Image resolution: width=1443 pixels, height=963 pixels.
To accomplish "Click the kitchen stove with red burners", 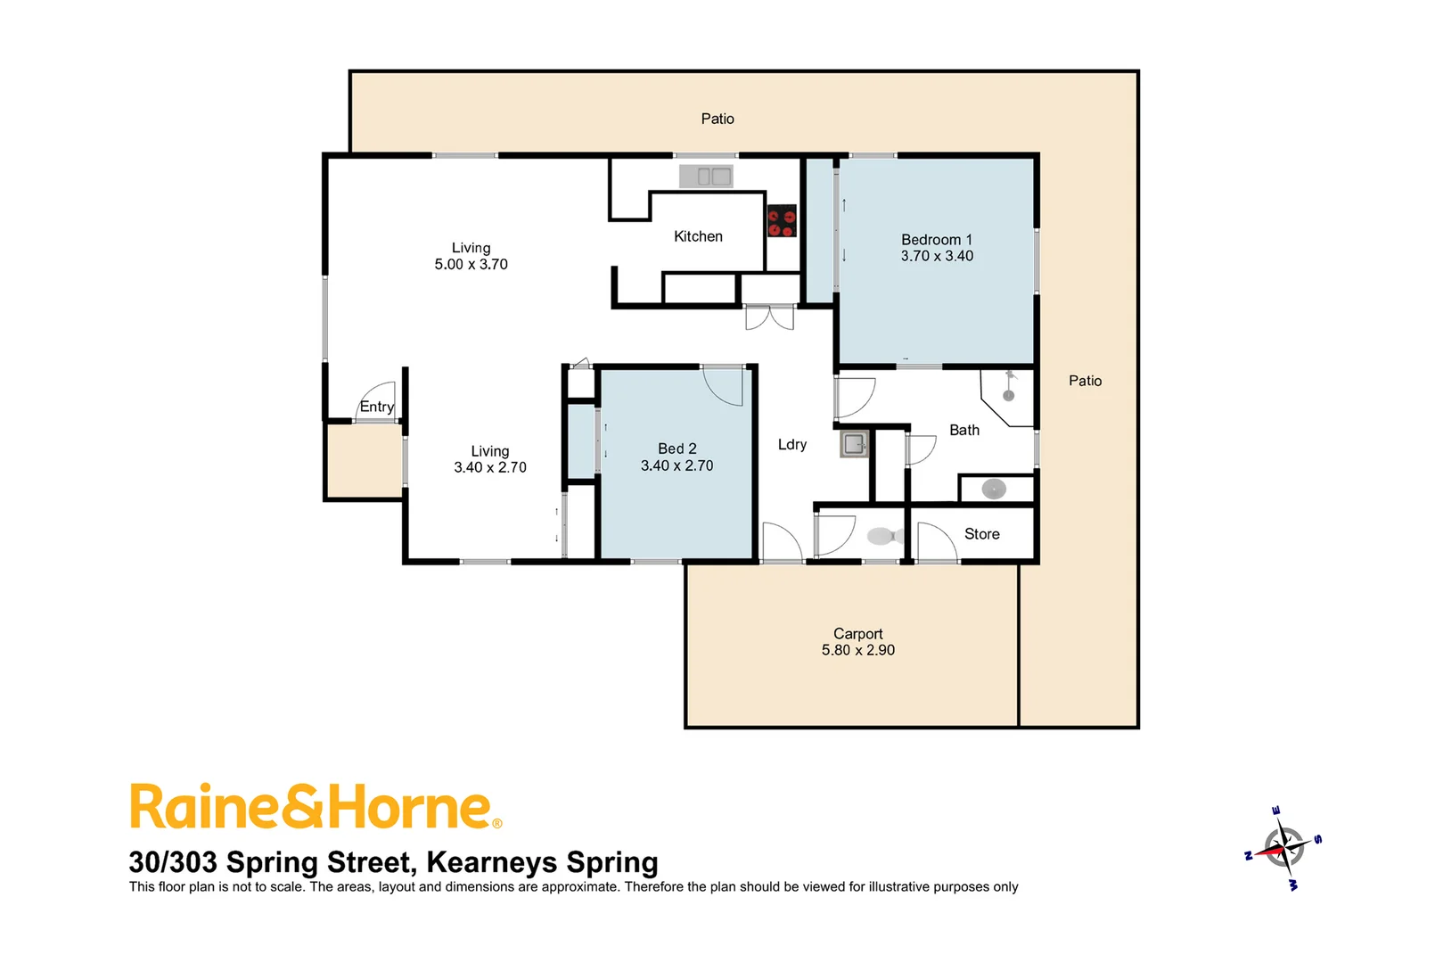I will pos(782,221).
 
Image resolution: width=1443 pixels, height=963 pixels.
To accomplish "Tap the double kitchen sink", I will pos(706,177).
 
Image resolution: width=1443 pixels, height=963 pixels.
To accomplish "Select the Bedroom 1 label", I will pos(936,239).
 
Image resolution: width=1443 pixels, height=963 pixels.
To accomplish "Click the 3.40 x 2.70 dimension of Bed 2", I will pos(676,465).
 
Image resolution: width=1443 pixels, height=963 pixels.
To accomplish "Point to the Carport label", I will pos(857,634).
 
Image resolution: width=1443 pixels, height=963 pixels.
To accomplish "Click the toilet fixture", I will pos(883,536).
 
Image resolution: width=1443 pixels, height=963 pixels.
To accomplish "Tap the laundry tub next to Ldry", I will pos(854,443).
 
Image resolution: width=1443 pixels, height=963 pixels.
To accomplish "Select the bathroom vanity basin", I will pos(994,489).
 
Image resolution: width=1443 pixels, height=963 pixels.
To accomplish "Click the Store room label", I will pos(981,534).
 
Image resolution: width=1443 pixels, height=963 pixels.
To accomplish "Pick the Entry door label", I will pos(376,407).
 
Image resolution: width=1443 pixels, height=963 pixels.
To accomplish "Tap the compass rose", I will pos(1283,847).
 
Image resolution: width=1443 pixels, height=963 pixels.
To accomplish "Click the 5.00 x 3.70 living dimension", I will pos(471,265).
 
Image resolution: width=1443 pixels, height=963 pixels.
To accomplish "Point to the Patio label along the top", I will pos(717,119).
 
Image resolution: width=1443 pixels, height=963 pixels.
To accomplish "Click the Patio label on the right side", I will pos(1085,381).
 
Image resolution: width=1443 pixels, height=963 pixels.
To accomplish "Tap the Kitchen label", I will pos(698,236).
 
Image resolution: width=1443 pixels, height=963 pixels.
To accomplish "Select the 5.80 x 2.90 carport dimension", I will pos(857,651).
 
